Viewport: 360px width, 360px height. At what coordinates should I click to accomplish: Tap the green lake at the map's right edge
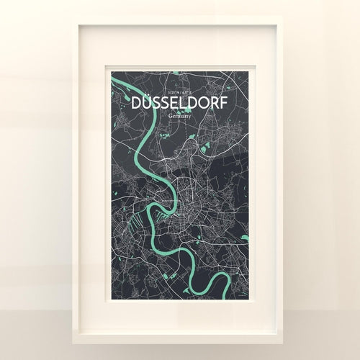pos(245,237)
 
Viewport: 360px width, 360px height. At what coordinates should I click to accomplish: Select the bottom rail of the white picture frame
pos(180,329)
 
